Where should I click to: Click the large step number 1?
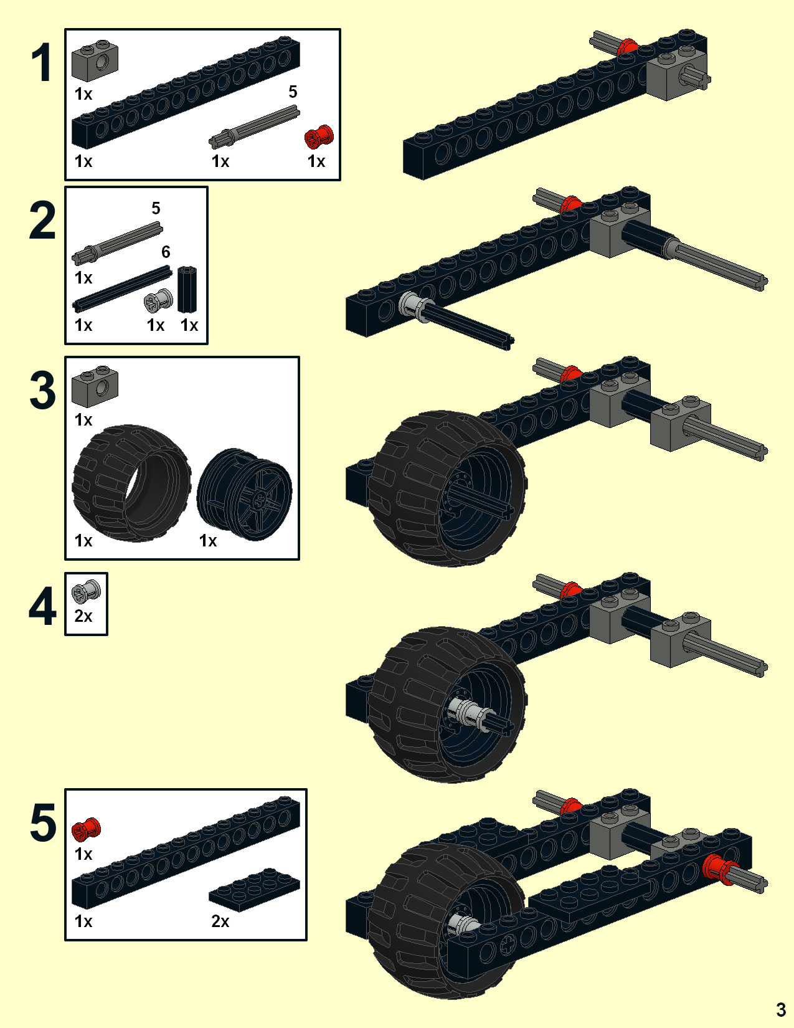click(x=42, y=63)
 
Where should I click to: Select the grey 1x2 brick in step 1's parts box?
click(x=95, y=61)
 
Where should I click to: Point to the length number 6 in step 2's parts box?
click(x=166, y=252)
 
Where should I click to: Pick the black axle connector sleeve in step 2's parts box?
click(x=187, y=290)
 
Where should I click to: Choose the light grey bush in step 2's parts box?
click(x=158, y=300)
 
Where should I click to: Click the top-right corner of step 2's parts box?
click(x=207, y=187)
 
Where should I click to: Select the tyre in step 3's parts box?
click(x=131, y=483)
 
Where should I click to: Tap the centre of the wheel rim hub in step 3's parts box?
click(x=259, y=498)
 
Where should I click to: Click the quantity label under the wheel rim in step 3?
click(x=207, y=540)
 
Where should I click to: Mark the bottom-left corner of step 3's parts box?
click(x=65, y=559)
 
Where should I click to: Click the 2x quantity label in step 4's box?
click(x=83, y=616)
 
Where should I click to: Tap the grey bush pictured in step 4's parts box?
click(x=86, y=591)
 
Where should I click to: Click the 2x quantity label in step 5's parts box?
click(x=220, y=921)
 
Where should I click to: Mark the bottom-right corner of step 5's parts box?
click(x=306, y=940)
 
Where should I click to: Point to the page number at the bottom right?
click(x=781, y=1009)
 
